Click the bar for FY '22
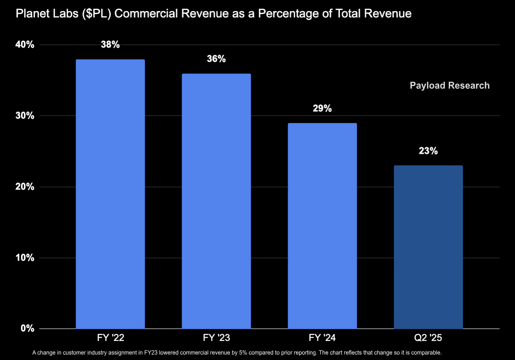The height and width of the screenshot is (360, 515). [110, 194]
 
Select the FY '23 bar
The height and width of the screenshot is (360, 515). [216, 201]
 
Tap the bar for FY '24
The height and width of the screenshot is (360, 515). [322, 226]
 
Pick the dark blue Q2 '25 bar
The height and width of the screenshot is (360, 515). [428, 247]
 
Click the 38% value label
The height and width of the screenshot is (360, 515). [110, 45]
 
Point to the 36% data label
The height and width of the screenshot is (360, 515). [216, 59]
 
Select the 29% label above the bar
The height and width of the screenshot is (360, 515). [322, 109]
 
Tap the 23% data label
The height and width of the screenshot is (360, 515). [428, 151]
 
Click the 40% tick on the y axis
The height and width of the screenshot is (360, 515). [25, 45]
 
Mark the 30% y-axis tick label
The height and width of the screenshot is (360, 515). [25, 116]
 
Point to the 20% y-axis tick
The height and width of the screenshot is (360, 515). [25, 187]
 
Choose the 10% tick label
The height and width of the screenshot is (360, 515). [25, 258]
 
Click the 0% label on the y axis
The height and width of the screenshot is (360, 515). [27, 329]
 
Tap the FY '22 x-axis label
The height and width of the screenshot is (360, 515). [110, 338]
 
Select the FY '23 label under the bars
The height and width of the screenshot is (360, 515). [216, 338]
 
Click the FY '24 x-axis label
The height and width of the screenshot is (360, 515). [322, 338]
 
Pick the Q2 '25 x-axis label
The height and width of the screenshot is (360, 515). [428, 338]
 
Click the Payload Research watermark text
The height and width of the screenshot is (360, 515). [450, 86]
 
